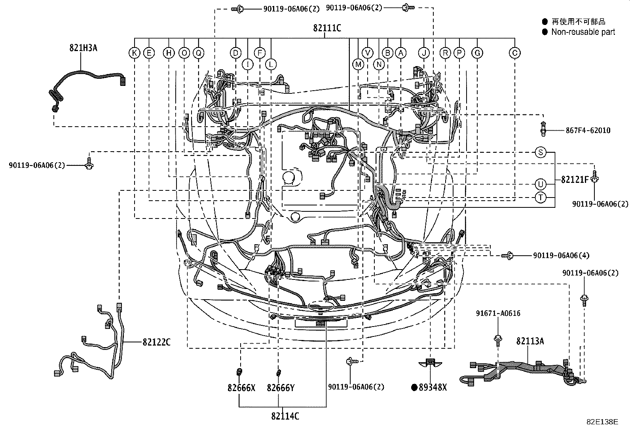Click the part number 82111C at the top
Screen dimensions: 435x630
click(x=327, y=28)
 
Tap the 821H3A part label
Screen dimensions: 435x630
click(x=83, y=48)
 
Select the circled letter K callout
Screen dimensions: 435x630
click(x=135, y=53)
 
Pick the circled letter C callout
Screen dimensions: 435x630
click(x=514, y=53)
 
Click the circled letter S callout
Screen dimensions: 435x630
click(x=541, y=152)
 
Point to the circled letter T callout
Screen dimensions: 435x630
click(x=541, y=197)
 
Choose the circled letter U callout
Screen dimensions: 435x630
click(x=541, y=184)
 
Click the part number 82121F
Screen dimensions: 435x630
click(x=575, y=179)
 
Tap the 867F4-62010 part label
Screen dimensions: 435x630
click(x=587, y=130)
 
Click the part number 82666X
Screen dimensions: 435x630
click(x=241, y=388)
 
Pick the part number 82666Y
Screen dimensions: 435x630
click(x=281, y=388)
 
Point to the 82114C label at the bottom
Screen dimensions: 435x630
click(x=285, y=416)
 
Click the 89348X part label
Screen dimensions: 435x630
click(x=433, y=388)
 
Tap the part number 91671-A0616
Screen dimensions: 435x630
click(x=498, y=313)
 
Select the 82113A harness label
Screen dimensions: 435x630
click(x=530, y=341)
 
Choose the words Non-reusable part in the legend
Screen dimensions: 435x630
click(x=583, y=32)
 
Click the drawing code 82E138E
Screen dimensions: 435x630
click(x=602, y=422)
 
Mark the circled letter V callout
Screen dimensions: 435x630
click(x=368, y=53)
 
